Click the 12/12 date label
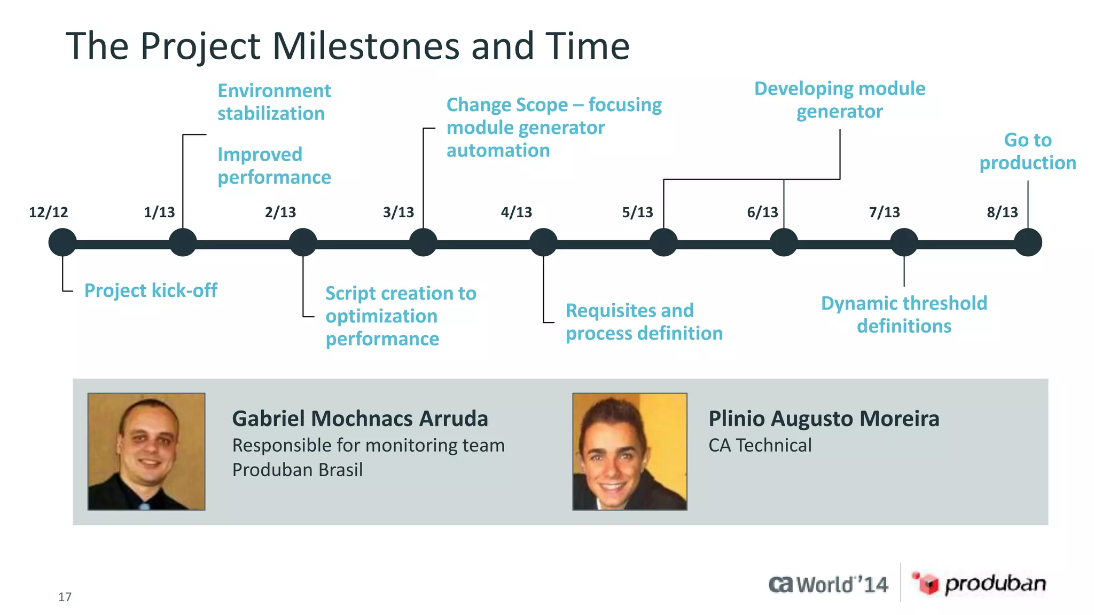pyautogui.click(x=49, y=212)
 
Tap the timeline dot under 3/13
pyautogui.click(x=423, y=242)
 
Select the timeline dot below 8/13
pyautogui.click(x=1028, y=242)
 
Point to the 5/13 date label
pyautogui.click(x=637, y=212)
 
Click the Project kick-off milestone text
pyautogui.click(x=151, y=290)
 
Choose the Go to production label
pyautogui.click(x=1027, y=151)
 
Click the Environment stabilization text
pyautogui.click(x=274, y=102)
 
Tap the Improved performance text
pyautogui.click(x=274, y=165)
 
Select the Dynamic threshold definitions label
pyautogui.click(x=904, y=314)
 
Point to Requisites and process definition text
pyautogui.click(x=644, y=322)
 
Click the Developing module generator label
pyautogui.click(x=839, y=100)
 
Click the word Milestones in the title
pyautogui.click(x=365, y=46)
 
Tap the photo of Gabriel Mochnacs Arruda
pyautogui.click(x=146, y=452)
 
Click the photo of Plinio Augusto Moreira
pyautogui.click(x=630, y=452)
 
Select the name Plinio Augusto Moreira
pyautogui.click(x=823, y=419)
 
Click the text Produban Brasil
pyautogui.click(x=298, y=470)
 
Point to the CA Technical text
pyautogui.click(x=760, y=445)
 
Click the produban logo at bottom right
pyautogui.click(x=979, y=584)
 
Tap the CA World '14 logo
pyautogui.click(x=829, y=585)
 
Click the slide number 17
pyautogui.click(x=65, y=597)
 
